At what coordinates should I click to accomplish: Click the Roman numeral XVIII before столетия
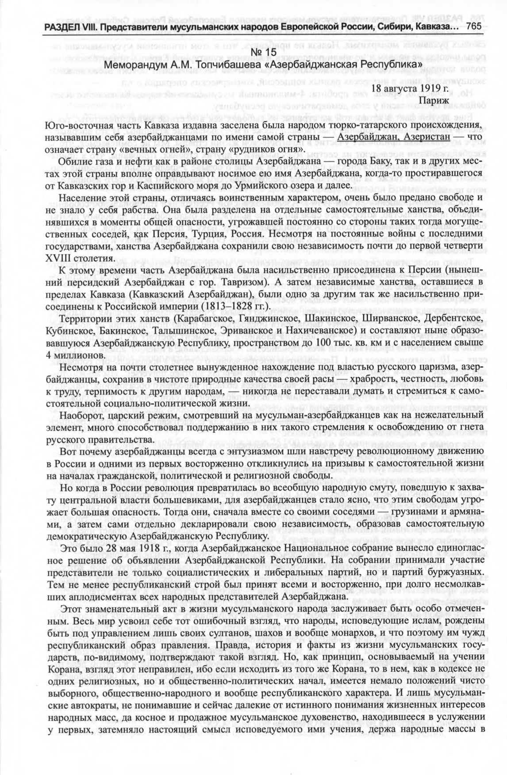[x=58, y=258]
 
